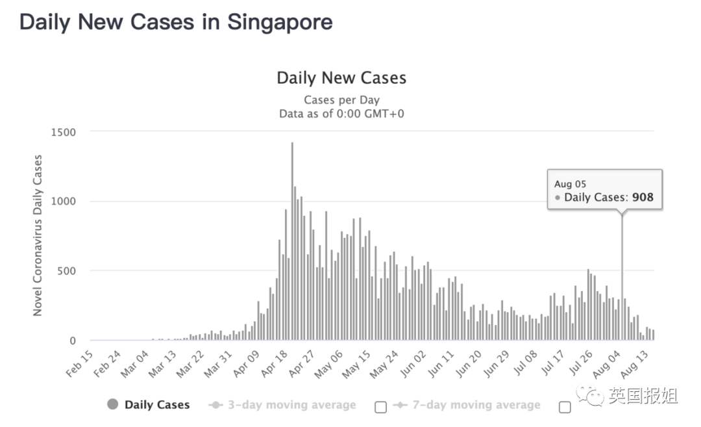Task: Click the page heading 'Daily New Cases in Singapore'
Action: point(176,23)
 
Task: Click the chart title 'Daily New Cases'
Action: point(341,78)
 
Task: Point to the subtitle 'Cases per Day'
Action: point(341,100)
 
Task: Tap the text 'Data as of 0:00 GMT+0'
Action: point(341,114)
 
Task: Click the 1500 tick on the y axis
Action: point(64,132)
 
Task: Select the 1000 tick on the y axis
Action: point(64,201)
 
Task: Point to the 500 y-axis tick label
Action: point(67,271)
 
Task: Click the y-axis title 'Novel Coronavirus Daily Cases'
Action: point(38,235)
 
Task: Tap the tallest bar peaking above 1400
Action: point(292,240)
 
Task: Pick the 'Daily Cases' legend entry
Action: point(156,405)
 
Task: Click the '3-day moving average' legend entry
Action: point(291,405)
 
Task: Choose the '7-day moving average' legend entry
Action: point(476,405)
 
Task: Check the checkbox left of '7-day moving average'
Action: point(381,407)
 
